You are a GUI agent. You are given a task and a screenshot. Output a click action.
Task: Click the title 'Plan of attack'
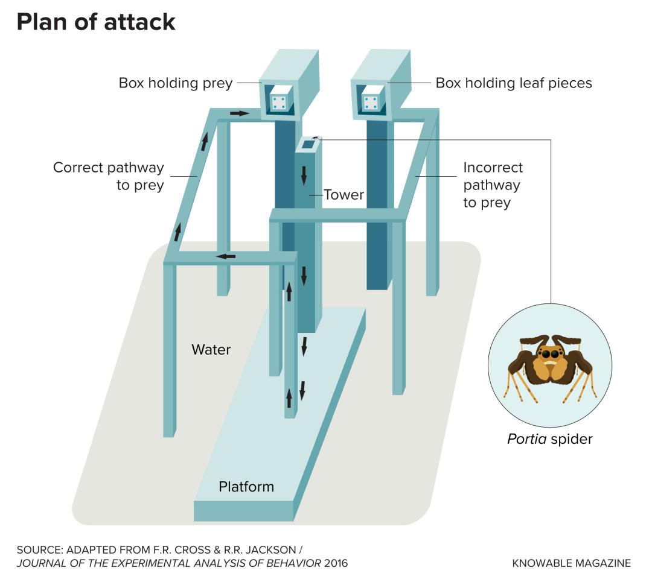96,22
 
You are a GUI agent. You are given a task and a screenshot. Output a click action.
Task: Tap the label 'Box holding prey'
175,83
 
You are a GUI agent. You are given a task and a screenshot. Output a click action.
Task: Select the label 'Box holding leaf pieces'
514,83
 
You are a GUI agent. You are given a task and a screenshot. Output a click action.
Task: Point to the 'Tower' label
344,195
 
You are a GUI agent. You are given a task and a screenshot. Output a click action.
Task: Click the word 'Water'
211,349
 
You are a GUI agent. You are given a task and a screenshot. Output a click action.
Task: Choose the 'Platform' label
246,486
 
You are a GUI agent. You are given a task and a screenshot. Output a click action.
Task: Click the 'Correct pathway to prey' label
109,176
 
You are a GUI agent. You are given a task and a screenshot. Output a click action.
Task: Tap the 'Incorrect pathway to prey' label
493,185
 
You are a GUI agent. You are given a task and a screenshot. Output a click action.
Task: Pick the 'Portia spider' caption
549,439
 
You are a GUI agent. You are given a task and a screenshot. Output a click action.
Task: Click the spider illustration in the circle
549,365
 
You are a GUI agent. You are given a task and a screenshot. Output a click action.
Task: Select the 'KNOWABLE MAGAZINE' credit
571,563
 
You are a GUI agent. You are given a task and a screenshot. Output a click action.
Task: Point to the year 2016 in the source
336,563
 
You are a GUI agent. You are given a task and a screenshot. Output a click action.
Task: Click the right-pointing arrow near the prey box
239,113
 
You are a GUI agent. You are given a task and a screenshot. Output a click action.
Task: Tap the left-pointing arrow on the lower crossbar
226,256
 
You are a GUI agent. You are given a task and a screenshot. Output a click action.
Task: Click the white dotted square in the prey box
279,103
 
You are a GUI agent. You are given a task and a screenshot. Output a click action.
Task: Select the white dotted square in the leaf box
370,103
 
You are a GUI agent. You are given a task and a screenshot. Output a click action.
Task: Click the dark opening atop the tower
308,144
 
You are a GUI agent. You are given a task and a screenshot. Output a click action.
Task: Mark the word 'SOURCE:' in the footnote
40,549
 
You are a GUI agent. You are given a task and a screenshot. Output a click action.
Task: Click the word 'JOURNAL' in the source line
41,563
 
